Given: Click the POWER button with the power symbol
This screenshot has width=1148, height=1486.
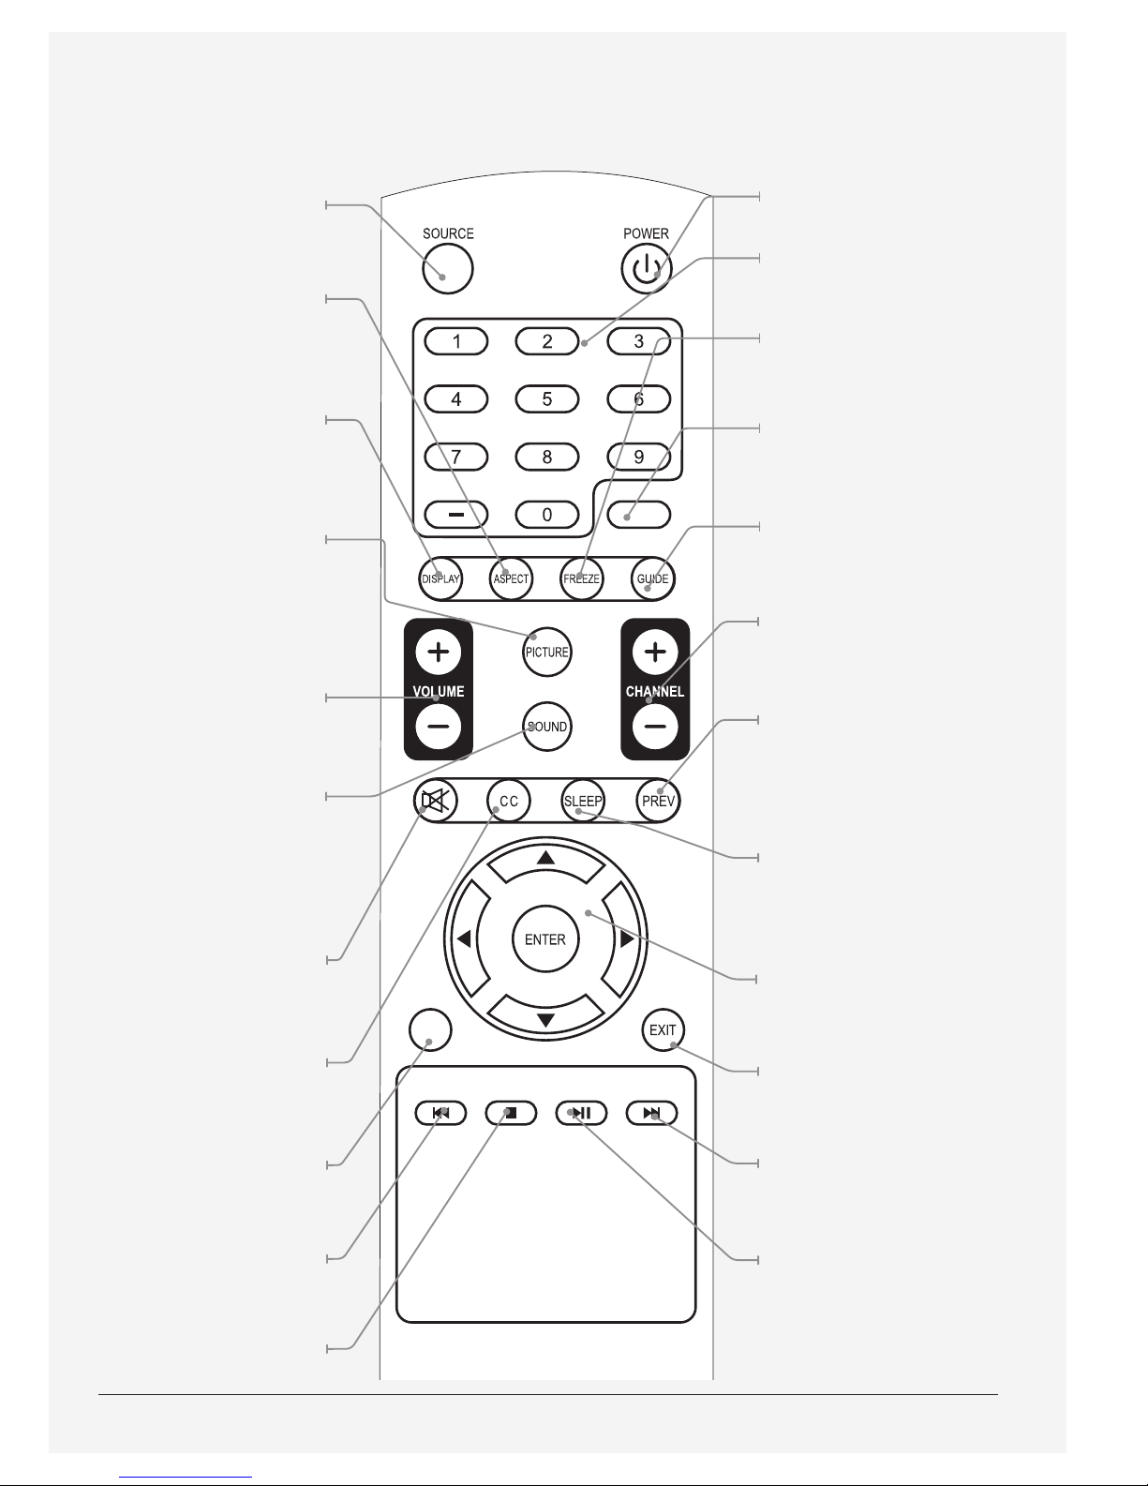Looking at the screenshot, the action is pyautogui.click(x=646, y=269).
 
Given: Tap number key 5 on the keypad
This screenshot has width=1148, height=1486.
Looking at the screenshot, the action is pyautogui.click(x=546, y=398).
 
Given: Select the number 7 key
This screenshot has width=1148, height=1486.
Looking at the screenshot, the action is pyautogui.click(x=455, y=457).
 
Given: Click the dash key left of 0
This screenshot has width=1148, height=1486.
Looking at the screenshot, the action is pyautogui.click(x=455, y=515).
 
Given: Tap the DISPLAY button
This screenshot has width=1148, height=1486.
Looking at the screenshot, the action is pyautogui.click(x=440, y=578).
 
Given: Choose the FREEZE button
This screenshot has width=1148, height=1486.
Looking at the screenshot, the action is pyautogui.click(x=582, y=578).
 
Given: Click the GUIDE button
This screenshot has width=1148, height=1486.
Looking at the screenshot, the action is pyautogui.click(x=652, y=578).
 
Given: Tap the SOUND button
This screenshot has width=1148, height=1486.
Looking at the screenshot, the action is pyautogui.click(x=546, y=727).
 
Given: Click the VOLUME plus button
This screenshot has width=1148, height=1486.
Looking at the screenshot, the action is pyautogui.click(x=438, y=652).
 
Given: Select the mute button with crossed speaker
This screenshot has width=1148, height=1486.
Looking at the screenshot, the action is pyautogui.click(x=436, y=801).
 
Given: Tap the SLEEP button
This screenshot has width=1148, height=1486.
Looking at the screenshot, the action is pyautogui.click(x=583, y=801).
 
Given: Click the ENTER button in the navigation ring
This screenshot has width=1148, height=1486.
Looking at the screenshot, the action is pyautogui.click(x=545, y=939).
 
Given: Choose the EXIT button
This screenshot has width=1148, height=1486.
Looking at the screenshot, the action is pyautogui.click(x=663, y=1029).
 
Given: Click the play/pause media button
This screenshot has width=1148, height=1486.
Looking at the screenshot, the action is pyautogui.click(x=582, y=1113).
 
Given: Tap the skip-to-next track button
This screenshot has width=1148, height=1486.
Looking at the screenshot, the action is pyautogui.click(x=652, y=1113).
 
